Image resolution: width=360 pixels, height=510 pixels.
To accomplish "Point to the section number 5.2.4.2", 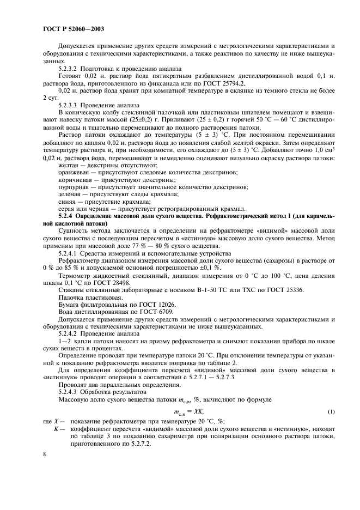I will tap(69, 333).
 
